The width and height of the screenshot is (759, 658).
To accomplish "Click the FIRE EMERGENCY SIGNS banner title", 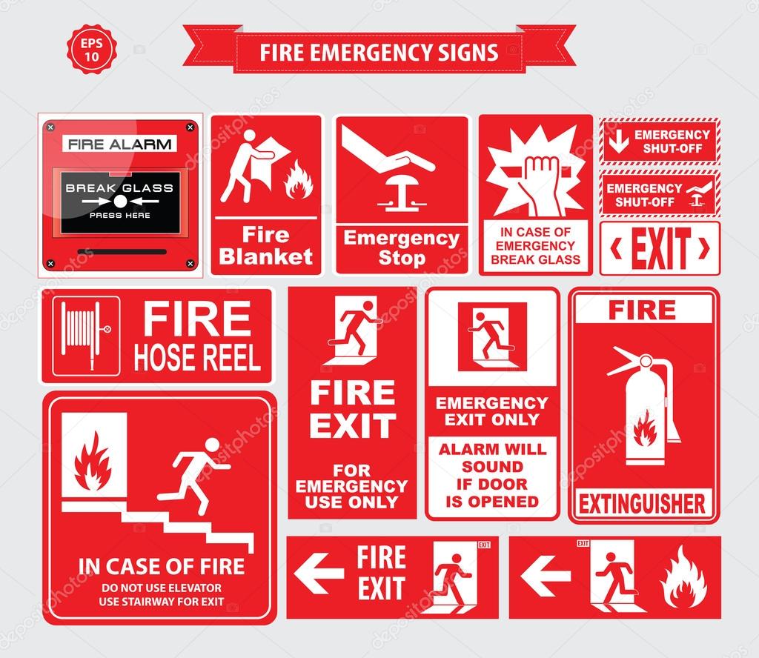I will pyautogui.click(x=379, y=53).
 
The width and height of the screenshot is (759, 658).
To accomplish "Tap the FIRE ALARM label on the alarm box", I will pyautogui.click(x=119, y=144).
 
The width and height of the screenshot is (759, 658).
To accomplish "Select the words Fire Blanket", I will pyautogui.click(x=268, y=246).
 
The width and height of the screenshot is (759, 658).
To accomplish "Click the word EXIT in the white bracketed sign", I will pyautogui.click(x=660, y=248).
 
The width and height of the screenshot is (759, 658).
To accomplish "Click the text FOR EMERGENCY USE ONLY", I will pyautogui.click(x=351, y=485).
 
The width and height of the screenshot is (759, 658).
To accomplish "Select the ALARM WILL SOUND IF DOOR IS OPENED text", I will pyautogui.click(x=492, y=475).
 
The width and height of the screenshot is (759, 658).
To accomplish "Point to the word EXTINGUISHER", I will pyautogui.click(x=642, y=505).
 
